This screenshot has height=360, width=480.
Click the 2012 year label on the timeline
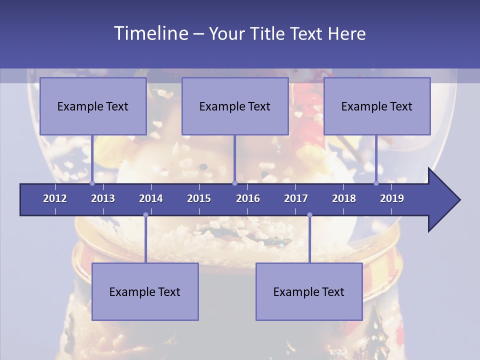click(x=55, y=198)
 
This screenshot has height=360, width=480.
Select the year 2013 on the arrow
click(x=103, y=198)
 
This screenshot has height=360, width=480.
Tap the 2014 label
click(x=151, y=198)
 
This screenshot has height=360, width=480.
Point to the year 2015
click(x=199, y=198)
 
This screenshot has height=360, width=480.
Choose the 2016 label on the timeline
click(x=248, y=198)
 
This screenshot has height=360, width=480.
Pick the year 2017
click(x=296, y=198)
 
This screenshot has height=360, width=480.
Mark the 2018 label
click(x=344, y=198)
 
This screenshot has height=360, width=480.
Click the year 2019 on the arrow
click(x=392, y=198)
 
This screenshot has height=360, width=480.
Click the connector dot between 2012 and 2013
click(x=92, y=183)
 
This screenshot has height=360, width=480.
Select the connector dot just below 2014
click(x=145, y=215)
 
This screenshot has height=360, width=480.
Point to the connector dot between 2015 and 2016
click(x=234, y=183)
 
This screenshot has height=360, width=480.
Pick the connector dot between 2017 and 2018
click(x=309, y=215)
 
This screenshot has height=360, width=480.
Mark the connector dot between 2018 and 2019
click(x=376, y=183)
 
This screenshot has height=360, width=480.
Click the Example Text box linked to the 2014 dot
click(x=145, y=291)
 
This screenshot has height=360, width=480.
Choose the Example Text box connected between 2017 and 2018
click(x=309, y=291)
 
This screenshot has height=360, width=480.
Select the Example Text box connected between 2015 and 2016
click(x=235, y=106)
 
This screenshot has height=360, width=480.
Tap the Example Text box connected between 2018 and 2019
click(x=377, y=106)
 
